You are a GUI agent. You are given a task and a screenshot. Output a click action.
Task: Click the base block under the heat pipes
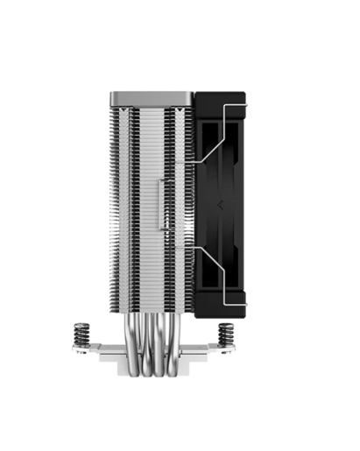point(150,372)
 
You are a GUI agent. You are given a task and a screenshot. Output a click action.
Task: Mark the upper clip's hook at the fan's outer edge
point(245,104)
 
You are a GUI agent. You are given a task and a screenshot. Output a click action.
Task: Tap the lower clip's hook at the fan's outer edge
point(245,302)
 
